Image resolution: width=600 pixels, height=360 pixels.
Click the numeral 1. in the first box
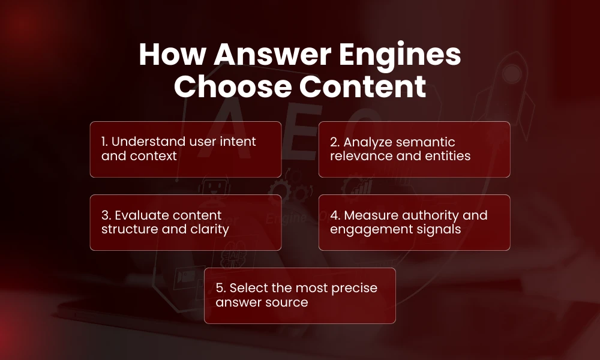click(x=104, y=142)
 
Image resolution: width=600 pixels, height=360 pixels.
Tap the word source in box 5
click(x=287, y=302)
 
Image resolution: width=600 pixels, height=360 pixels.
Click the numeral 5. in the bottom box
click(x=220, y=288)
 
